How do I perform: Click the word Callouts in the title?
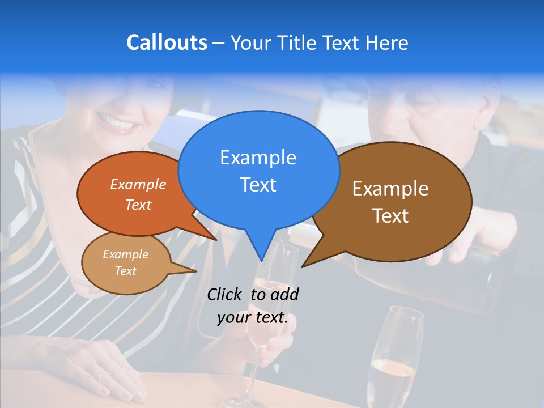pyautogui.click(x=167, y=42)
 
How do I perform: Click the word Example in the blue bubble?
pyautogui.click(x=258, y=157)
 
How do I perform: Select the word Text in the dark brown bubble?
pyautogui.click(x=390, y=216)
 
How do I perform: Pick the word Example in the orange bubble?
pyautogui.click(x=138, y=184)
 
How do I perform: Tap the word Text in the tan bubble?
pyautogui.click(x=125, y=271)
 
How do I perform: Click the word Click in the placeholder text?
pyautogui.click(x=224, y=294)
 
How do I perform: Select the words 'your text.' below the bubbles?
pyautogui.click(x=252, y=317)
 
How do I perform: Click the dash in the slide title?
pyautogui.click(x=219, y=42)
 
